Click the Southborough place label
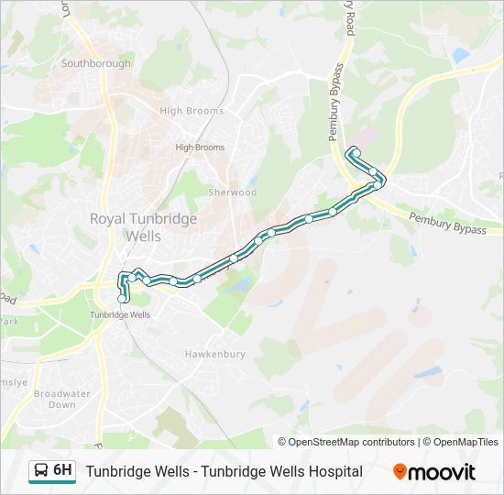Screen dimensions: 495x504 [95, 63]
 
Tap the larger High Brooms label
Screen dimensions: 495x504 [192, 111]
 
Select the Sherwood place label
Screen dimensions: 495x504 [233, 192]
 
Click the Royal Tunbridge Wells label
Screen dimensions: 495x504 [130, 226]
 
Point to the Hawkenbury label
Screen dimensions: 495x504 [214, 354]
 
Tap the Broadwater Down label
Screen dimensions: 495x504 [61, 399]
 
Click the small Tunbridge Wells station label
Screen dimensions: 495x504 [119, 314]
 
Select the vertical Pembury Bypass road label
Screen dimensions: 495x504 [336, 102]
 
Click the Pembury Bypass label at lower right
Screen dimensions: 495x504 [447, 224]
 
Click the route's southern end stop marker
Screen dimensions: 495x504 [123, 298]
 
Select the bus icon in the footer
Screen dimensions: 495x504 [41, 471]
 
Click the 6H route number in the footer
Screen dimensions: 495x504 [62, 470]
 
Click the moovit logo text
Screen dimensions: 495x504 [442, 472]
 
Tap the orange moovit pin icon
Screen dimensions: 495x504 [400, 471]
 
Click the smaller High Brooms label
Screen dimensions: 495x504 [200, 148]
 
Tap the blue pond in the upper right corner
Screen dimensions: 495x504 [460, 57]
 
